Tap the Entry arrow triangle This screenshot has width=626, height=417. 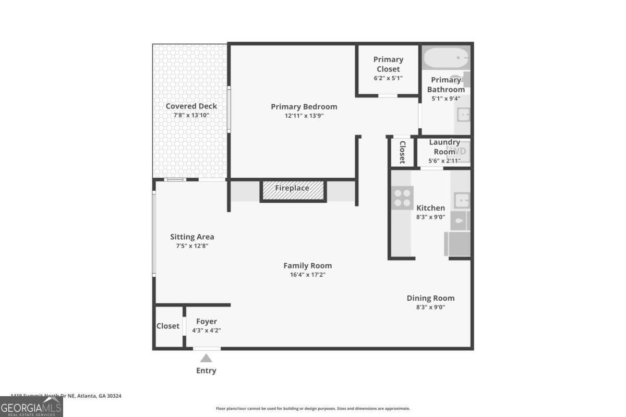(206, 358)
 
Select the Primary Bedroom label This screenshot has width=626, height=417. (304, 107)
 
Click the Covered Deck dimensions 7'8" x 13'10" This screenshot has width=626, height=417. (191, 115)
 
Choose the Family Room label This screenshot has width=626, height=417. (307, 265)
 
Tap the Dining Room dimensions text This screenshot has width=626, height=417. (430, 307)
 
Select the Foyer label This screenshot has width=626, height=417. (206, 321)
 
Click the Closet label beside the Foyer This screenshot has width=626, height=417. (168, 326)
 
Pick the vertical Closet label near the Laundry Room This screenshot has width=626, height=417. (402, 152)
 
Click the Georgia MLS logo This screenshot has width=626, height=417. (31, 407)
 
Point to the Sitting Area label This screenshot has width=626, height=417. (192, 237)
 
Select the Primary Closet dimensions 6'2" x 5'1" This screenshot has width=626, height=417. (388, 78)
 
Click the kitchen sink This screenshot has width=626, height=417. (462, 200)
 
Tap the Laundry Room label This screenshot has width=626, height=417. (444, 147)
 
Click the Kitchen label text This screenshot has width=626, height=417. (430, 208)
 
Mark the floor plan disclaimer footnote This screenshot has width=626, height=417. (313, 409)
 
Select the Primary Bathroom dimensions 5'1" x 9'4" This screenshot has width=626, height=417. (446, 98)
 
